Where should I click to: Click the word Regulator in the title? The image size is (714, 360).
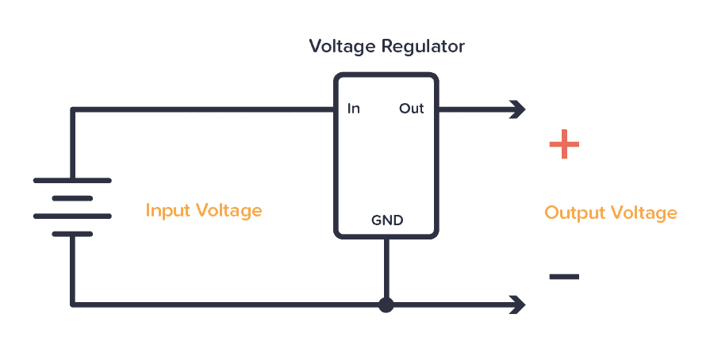(x=425, y=47)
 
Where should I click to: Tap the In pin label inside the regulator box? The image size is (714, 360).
(x=353, y=109)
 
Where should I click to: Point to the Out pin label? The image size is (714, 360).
(x=411, y=109)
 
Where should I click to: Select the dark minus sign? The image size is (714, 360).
(x=564, y=277)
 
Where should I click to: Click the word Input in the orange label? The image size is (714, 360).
(x=167, y=211)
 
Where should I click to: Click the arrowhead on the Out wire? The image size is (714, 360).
(x=518, y=109)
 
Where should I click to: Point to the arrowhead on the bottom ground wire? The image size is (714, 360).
(x=518, y=304)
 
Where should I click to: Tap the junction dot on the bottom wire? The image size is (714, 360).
(x=386, y=304)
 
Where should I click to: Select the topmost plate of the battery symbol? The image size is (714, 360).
(x=72, y=181)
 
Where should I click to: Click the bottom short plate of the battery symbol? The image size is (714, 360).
(x=72, y=234)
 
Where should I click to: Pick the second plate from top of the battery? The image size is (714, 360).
(x=72, y=198)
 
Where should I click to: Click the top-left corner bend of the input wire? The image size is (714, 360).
(x=73, y=109)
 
